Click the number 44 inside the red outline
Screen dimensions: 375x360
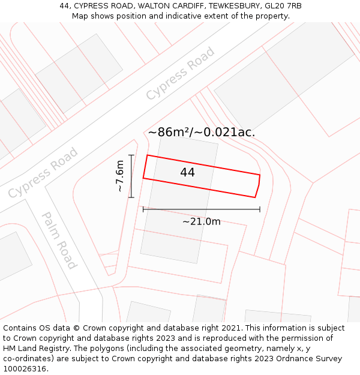[x=187, y=173]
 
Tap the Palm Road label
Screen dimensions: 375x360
[x=59, y=240]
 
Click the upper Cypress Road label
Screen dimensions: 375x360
[x=180, y=74]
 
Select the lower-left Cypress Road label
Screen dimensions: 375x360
[x=43, y=172]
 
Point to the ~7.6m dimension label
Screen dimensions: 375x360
[x=120, y=176]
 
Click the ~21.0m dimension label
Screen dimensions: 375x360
[x=202, y=221]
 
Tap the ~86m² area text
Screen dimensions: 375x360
[x=169, y=132]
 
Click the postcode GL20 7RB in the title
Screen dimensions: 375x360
[x=283, y=6]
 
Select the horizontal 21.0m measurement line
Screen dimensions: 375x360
[x=201, y=209]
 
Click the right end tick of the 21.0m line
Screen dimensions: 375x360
[x=260, y=209]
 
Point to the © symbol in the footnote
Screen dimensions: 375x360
[x=76, y=328]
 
